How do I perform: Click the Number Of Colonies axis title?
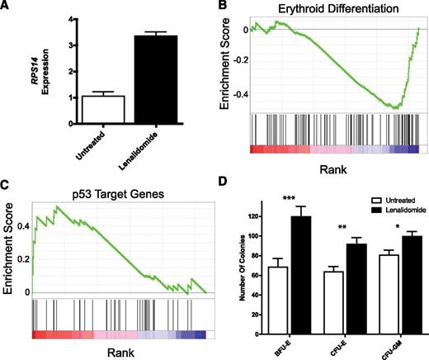(x=236, y=272)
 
